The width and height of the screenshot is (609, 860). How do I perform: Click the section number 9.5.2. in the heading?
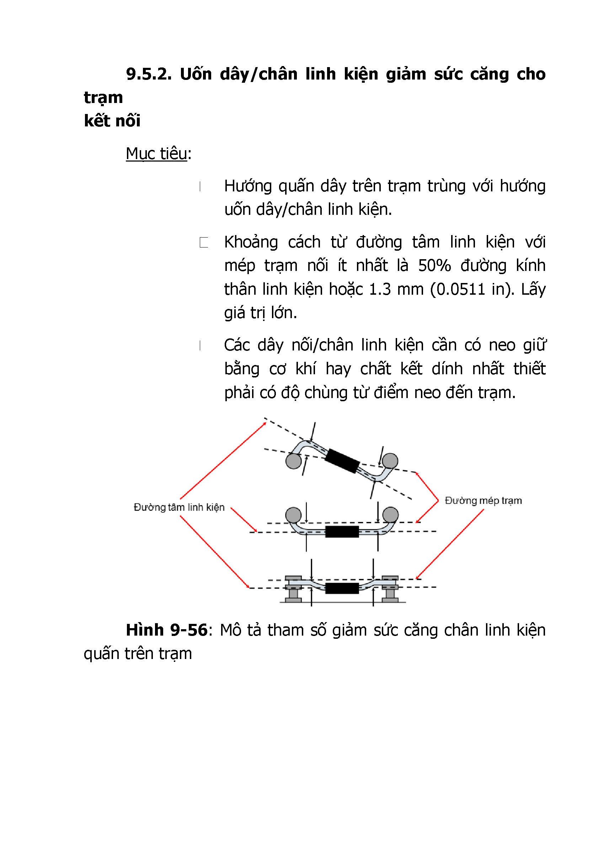(149, 74)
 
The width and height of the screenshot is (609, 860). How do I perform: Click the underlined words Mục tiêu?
(156, 153)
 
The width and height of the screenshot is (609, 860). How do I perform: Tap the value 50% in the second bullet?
(434, 266)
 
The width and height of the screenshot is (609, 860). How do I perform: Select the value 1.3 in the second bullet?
(380, 289)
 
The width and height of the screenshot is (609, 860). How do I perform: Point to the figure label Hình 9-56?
(166, 630)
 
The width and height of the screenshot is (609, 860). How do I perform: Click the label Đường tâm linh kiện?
(179, 507)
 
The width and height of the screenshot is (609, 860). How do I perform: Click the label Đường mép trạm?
(483, 500)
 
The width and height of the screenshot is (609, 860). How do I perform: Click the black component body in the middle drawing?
(342, 532)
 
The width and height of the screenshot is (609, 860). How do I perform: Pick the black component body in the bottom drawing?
(342, 588)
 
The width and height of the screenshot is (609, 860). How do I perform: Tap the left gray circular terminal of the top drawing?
(293, 461)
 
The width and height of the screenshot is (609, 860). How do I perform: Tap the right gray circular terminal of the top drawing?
(390, 461)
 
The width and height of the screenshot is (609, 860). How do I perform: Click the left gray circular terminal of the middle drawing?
(293, 515)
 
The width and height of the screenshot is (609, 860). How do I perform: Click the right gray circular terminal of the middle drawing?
(390, 515)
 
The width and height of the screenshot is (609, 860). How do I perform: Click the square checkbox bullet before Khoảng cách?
(204, 243)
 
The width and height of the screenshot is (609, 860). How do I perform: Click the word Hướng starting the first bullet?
(248, 186)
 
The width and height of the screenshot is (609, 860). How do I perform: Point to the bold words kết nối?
(112, 121)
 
